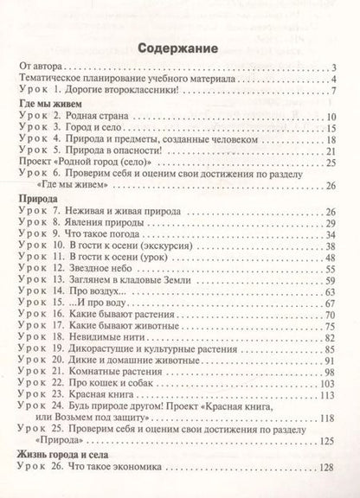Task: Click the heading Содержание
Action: (x=180, y=49)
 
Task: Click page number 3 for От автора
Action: (x=333, y=67)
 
